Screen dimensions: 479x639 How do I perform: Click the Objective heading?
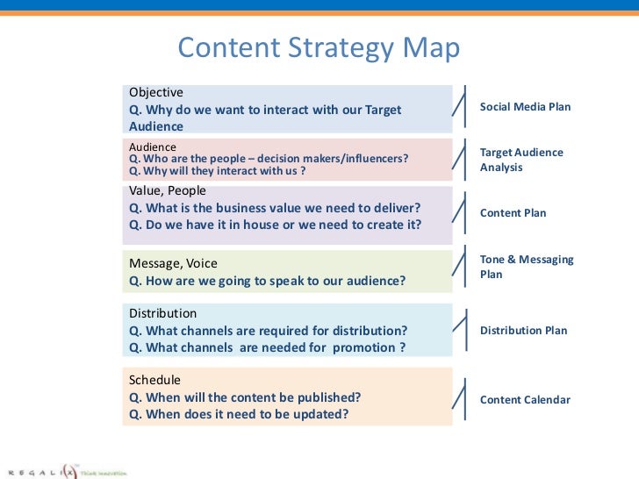(x=156, y=92)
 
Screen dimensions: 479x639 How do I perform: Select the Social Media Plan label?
(x=525, y=107)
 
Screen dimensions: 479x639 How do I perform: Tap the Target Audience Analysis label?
(x=521, y=160)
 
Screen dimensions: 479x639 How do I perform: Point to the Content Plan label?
(x=513, y=213)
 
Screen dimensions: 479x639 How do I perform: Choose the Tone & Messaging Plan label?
(x=527, y=267)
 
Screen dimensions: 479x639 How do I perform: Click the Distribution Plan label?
(x=523, y=331)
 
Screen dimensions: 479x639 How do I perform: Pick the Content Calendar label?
(x=525, y=400)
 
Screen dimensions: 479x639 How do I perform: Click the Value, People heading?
(x=168, y=190)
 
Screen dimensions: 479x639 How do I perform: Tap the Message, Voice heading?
(x=173, y=263)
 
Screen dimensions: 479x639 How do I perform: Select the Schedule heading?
(x=154, y=380)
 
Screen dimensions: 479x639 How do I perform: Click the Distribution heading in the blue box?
(x=162, y=313)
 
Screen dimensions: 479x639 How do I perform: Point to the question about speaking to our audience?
(x=267, y=281)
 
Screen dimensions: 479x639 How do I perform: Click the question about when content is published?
(x=245, y=397)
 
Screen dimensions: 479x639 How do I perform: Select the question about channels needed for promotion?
(x=267, y=347)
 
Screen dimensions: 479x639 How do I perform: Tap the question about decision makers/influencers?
(x=269, y=159)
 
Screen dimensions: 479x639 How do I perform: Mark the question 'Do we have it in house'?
(x=275, y=225)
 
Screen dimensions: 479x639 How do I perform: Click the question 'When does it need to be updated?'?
(x=239, y=414)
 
